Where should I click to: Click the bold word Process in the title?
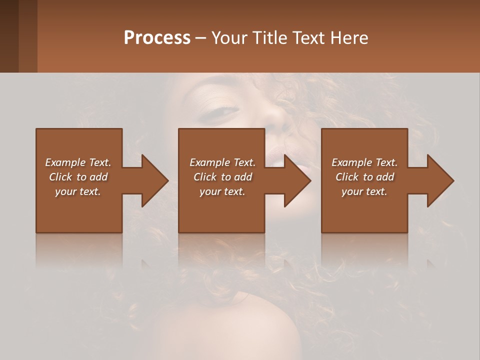pos(157,37)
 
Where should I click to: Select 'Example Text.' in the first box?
pos(78,162)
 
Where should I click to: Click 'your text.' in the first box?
pos(78,191)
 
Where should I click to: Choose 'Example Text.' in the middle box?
pos(222,162)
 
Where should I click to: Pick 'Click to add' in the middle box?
pos(222,177)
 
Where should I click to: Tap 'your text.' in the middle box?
pos(222,191)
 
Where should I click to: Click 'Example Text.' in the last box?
pos(364,162)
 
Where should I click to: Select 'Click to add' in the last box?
pos(364,177)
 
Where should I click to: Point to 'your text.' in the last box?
pos(364,191)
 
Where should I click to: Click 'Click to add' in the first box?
pos(78,177)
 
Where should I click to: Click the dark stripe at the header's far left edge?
pos(9,36)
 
